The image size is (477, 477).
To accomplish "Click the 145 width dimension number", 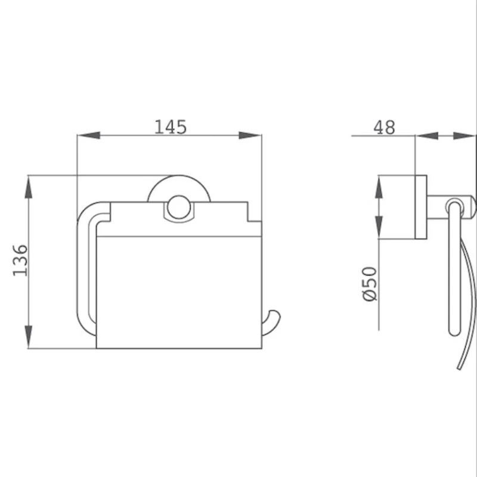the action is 171,127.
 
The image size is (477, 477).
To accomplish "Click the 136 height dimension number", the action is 20,260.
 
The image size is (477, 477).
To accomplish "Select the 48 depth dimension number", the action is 384,128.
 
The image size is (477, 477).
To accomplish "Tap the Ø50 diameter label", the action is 370,284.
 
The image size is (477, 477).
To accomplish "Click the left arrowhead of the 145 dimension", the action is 88,135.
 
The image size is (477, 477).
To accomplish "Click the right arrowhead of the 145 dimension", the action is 250,135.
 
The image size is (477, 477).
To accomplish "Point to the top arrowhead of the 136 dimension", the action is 28,187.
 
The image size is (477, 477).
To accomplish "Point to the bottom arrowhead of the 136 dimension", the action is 28,337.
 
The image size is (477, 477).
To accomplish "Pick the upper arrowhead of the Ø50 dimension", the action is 379,187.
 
